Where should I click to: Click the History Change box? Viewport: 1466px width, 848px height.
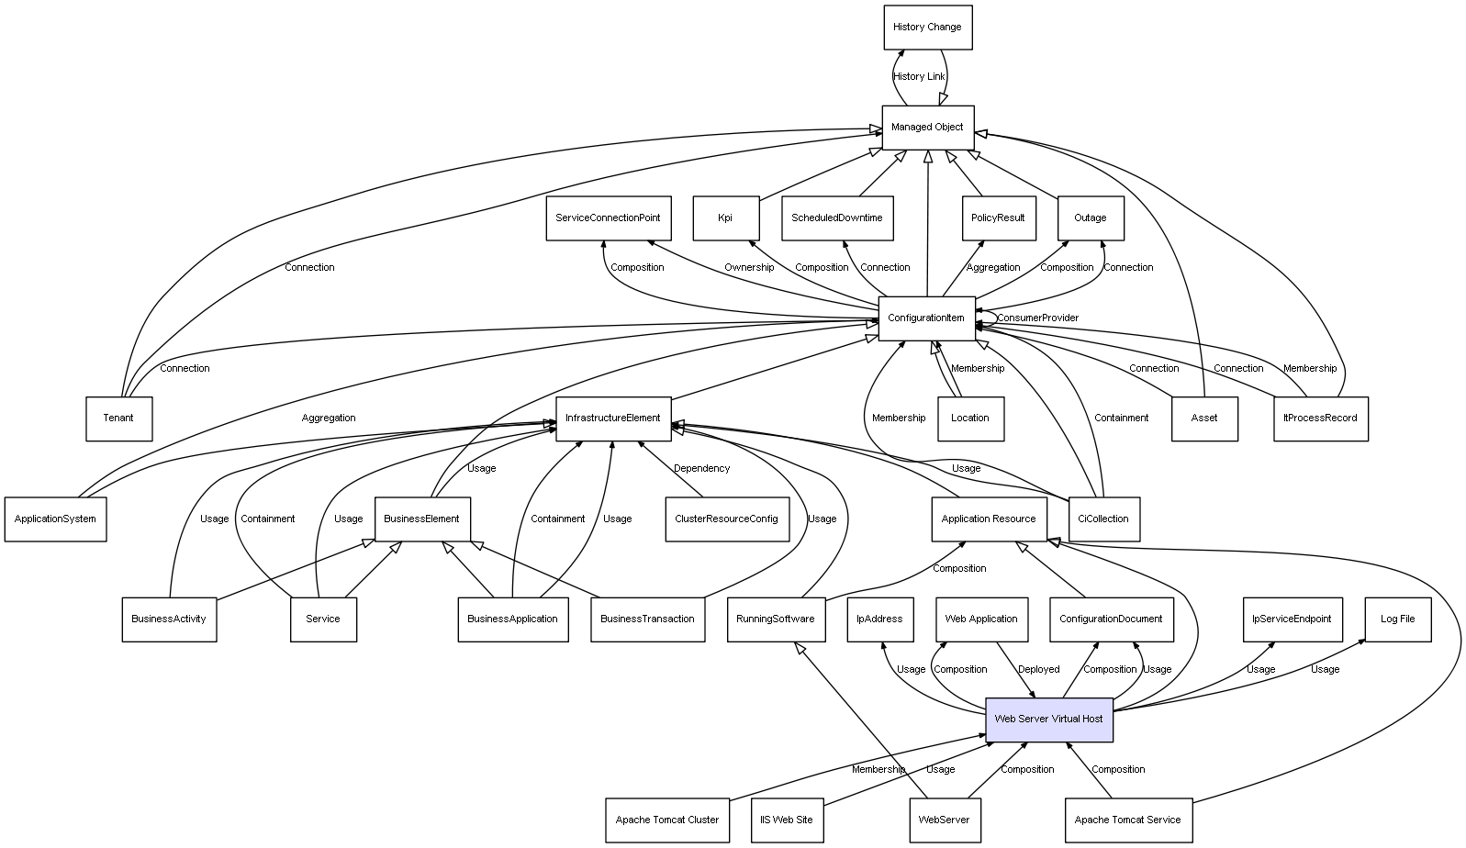tap(927, 28)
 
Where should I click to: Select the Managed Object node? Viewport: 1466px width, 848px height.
tap(927, 127)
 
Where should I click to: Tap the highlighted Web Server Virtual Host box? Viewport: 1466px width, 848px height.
tap(1048, 719)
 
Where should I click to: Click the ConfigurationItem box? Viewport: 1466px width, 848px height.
tap(926, 318)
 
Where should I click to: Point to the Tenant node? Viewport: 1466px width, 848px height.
tap(118, 418)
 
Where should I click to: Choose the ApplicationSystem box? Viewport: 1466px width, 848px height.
tap(55, 519)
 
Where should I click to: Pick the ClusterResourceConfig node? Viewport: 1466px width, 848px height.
tap(726, 519)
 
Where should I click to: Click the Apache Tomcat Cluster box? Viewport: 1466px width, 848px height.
tap(667, 820)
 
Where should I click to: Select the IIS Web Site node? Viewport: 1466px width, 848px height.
tap(786, 820)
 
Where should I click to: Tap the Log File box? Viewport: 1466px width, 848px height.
tap(1397, 619)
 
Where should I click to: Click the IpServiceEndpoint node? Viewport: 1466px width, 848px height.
tap(1291, 619)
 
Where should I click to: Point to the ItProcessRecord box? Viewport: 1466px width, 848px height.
tap(1320, 418)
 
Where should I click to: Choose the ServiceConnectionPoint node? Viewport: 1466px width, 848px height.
tap(608, 218)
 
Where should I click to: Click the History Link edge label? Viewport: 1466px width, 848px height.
tap(919, 76)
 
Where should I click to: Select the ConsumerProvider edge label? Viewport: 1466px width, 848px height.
tap(1037, 318)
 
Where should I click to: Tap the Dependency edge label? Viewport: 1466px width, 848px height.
tap(701, 468)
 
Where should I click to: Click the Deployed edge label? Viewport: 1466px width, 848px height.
tap(1038, 669)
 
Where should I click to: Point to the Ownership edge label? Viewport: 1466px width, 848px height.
tap(749, 267)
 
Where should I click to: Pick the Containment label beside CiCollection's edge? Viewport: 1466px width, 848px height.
tap(1121, 418)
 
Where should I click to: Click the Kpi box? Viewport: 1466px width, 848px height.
tap(725, 218)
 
